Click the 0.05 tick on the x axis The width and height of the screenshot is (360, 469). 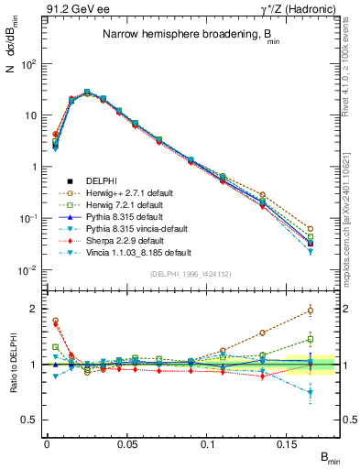129,443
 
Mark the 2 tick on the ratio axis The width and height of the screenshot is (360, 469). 32,309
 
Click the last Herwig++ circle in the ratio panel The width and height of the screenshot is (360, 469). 311,311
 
